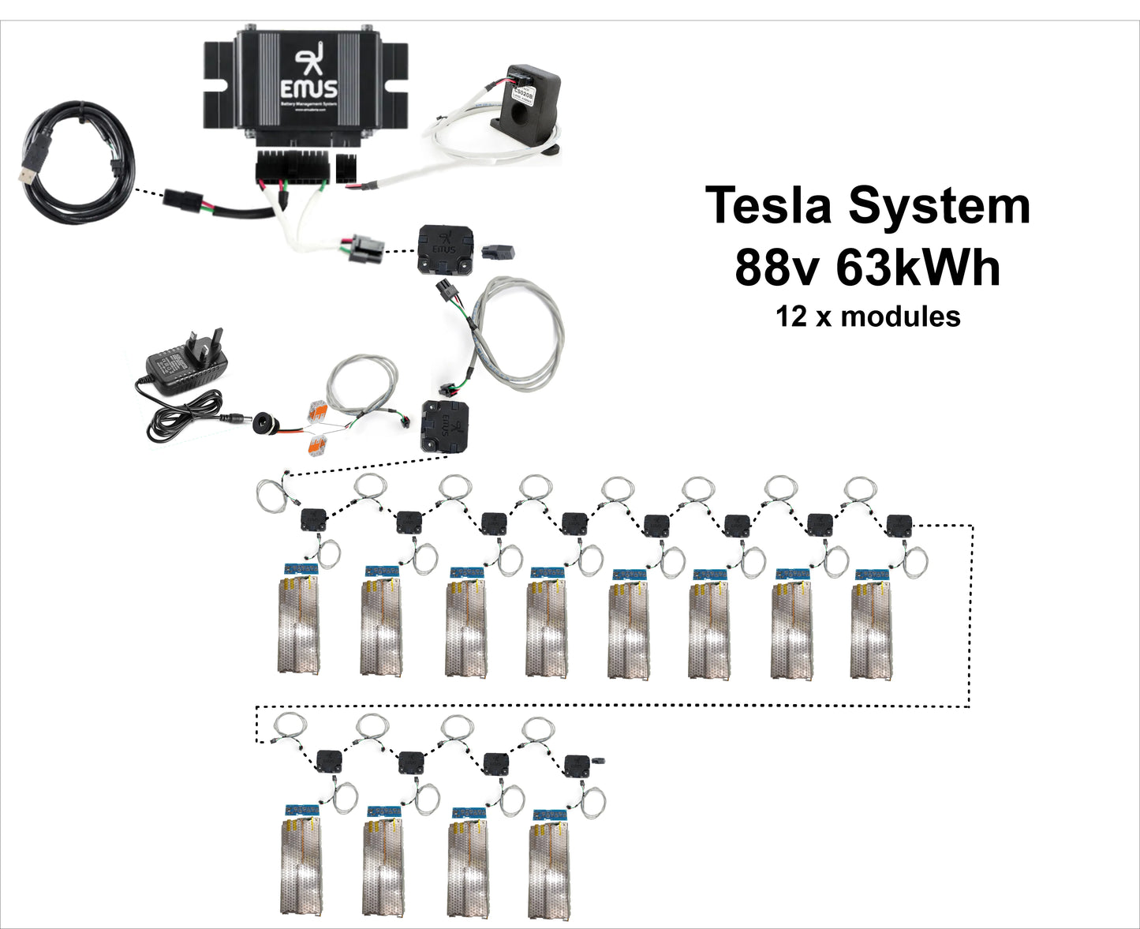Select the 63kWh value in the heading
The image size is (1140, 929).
(x=918, y=268)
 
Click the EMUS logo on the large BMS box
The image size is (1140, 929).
(x=308, y=77)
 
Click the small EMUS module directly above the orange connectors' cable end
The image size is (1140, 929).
(x=446, y=426)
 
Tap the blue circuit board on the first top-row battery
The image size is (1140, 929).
(x=301, y=568)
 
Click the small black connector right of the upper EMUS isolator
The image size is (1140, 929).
(x=498, y=252)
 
